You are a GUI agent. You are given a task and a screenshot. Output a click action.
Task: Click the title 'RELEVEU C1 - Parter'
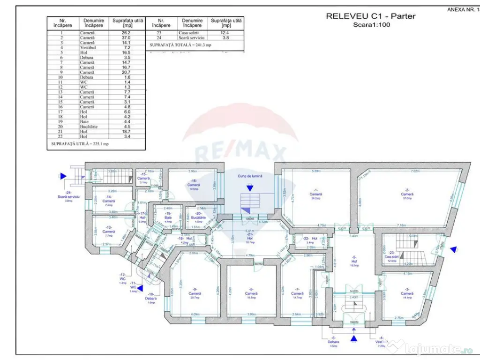(x=370, y=16)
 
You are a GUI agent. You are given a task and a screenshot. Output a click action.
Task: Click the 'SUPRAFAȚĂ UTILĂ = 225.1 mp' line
(x=80, y=144)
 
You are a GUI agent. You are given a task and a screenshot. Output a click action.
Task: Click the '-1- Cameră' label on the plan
(x=316, y=194)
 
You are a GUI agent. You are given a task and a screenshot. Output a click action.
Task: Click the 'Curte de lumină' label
(x=249, y=176)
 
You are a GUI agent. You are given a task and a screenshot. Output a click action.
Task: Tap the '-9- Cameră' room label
(x=195, y=293)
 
